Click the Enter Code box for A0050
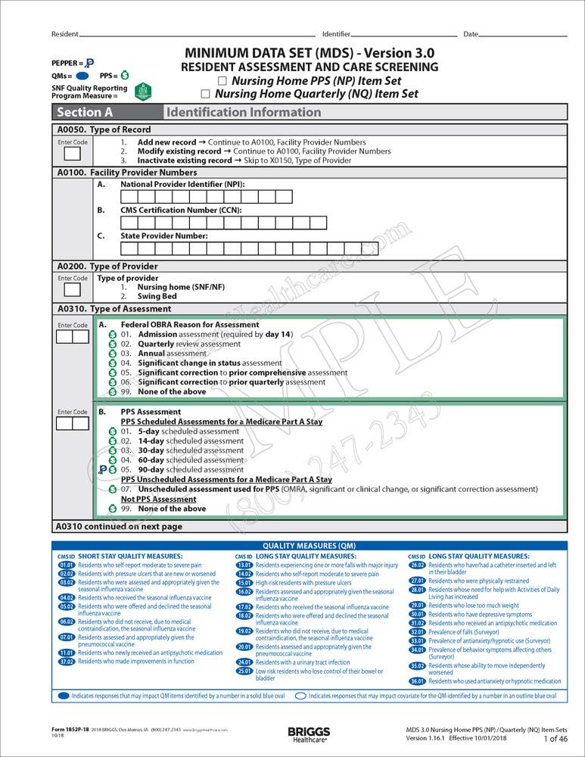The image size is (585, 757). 72,154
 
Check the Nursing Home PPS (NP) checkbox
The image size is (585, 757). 222,81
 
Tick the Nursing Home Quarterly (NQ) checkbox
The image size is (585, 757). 205,95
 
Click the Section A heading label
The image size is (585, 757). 85,113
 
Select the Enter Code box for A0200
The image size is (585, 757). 72,290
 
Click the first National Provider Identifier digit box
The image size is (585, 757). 129,197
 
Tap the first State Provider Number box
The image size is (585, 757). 129,248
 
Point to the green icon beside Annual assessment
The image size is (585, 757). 113,354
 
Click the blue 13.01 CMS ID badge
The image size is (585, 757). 244,565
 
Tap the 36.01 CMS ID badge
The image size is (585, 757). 417,681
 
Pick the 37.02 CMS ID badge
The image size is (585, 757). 66,662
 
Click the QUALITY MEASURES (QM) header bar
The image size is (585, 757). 309,546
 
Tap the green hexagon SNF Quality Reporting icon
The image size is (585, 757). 142,92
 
